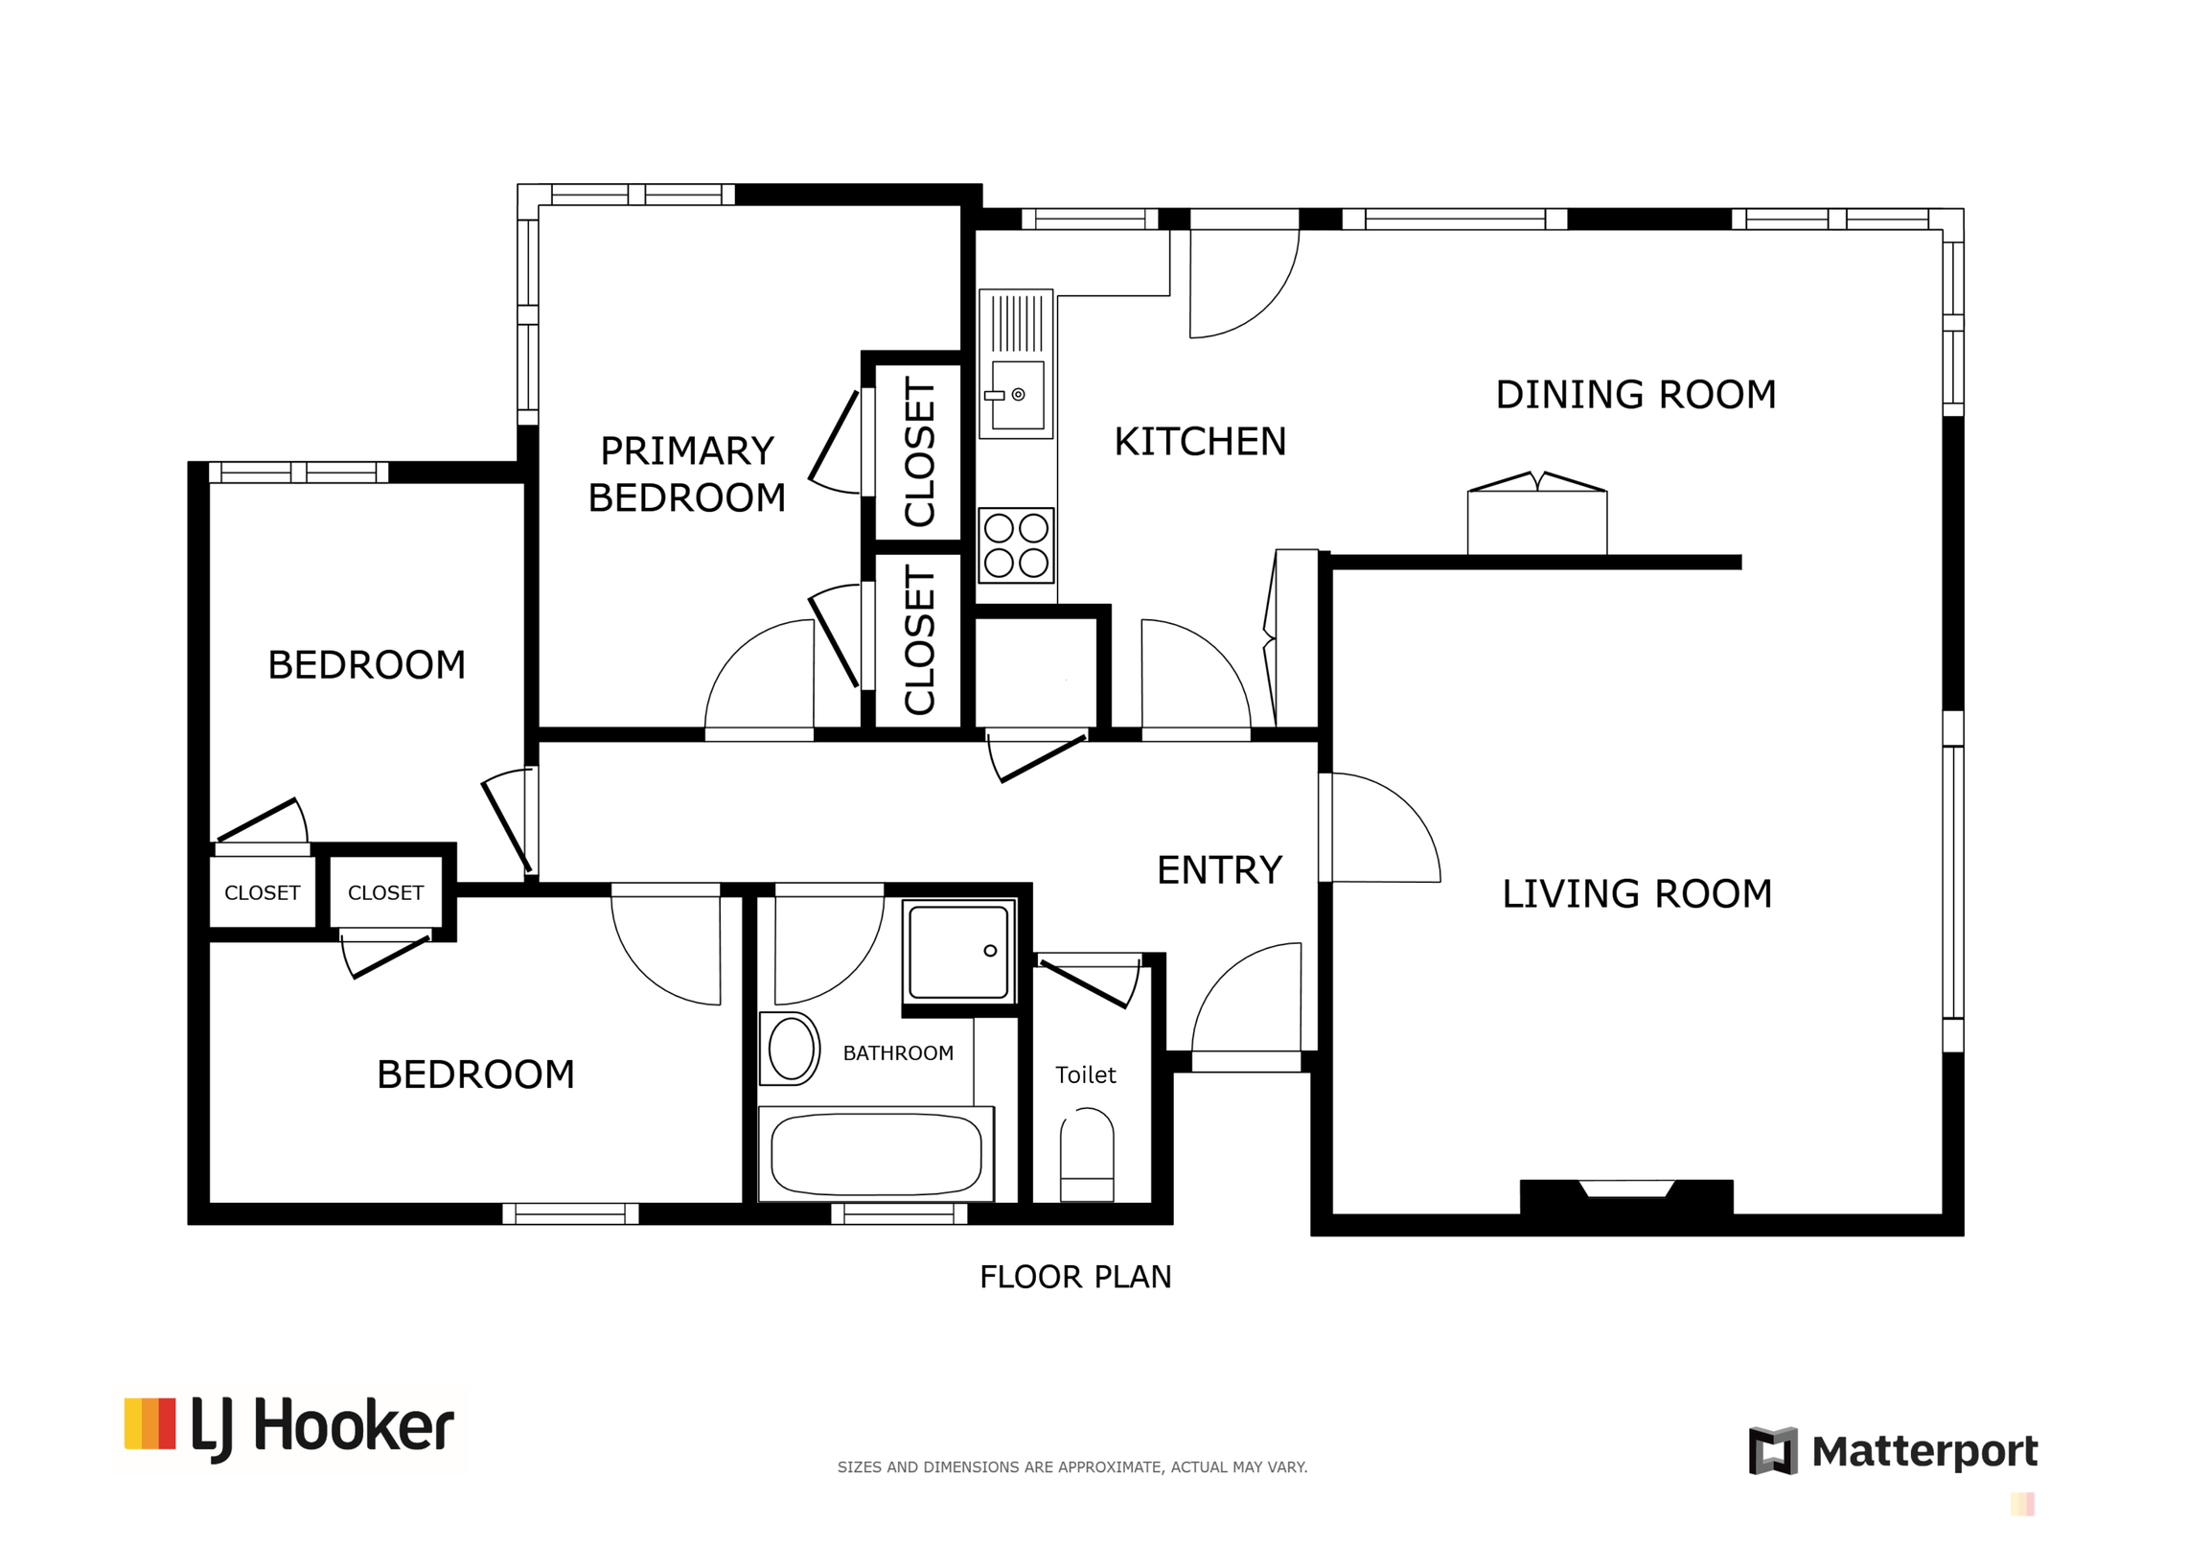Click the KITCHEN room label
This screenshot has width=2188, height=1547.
[x=1200, y=442]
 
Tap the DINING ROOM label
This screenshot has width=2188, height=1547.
[x=1635, y=395]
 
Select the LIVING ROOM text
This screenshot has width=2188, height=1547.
[x=1636, y=894]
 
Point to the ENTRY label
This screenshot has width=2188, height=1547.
[x=1219, y=870]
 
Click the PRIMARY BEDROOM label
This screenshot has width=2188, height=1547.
[x=686, y=474]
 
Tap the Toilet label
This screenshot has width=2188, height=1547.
[x=1085, y=1075]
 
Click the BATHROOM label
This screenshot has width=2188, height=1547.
[x=898, y=1053]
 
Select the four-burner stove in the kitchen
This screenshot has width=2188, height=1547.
[x=1016, y=545]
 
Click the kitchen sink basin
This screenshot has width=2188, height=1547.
[x=1017, y=395]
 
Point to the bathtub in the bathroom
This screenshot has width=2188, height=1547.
[x=876, y=1155]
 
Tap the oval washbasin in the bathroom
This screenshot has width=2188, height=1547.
[x=791, y=1049]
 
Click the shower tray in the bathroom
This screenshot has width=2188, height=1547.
[x=958, y=952]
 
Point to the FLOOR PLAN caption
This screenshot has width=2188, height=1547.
[x=1075, y=1278]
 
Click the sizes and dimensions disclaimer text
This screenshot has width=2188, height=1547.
[x=1072, y=1467]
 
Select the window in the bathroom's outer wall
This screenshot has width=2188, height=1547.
[x=899, y=1214]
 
